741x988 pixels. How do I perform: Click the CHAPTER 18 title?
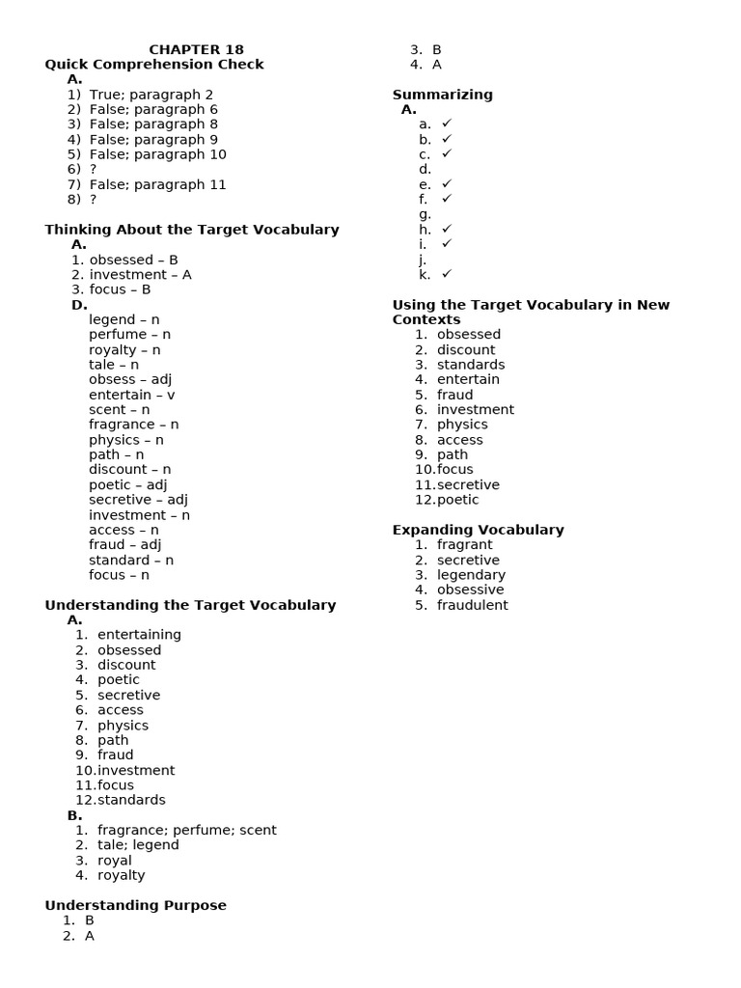(x=196, y=49)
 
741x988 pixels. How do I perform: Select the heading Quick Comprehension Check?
(x=154, y=65)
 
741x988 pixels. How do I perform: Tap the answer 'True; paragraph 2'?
(x=151, y=95)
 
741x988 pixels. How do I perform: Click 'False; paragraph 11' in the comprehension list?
(x=157, y=184)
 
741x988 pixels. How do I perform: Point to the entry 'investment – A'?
(x=140, y=275)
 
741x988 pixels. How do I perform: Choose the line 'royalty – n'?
(x=124, y=350)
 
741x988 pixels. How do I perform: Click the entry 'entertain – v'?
(x=131, y=395)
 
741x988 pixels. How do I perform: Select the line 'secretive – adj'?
(x=138, y=500)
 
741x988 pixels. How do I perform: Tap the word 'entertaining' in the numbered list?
(x=139, y=635)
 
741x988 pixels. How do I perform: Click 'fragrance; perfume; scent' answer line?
(x=186, y=830)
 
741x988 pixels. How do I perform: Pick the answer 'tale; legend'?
(x=138, y=845)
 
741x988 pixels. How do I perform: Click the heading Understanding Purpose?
(x=136, y=905)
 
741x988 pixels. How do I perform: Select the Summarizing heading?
(x=442, y=95)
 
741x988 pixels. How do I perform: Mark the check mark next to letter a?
(x=447, y=124)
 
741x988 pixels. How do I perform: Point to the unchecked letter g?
(x=425, y=214)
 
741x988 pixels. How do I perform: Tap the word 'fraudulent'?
(x=472, y=605)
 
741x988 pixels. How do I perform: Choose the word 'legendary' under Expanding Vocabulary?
(x=471, y=575)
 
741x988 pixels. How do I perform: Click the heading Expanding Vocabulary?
(x=478, y=530)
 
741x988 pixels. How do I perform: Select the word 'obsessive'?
(x=470, y=590)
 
